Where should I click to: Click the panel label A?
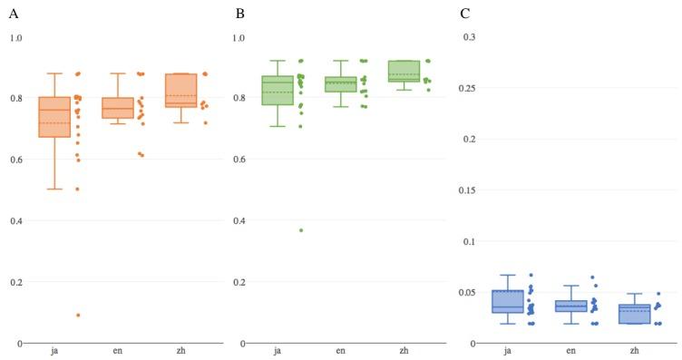(14, 14)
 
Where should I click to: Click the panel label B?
(239, 14)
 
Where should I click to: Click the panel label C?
(465, 14)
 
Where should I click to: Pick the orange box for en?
(118, 108)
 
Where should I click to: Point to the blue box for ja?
(507, 301)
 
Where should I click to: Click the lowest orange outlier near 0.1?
(78, 315)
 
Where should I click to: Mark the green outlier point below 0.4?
(301, 230)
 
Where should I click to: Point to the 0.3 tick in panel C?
(470, 36)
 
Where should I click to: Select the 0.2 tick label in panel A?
(15, 282)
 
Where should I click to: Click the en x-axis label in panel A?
(118, 349)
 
